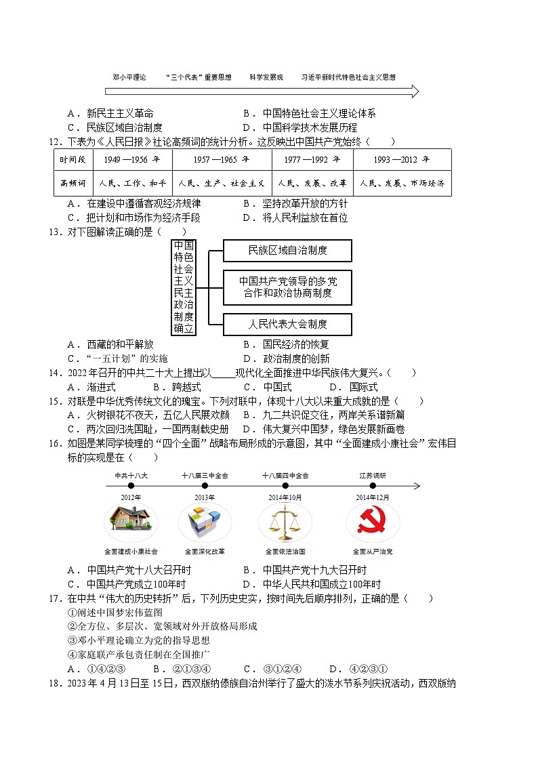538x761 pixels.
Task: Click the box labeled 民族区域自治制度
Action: coord(287,250)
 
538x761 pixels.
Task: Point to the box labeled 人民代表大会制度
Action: coord(287,324)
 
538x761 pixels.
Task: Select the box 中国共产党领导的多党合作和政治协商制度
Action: coord(287,287)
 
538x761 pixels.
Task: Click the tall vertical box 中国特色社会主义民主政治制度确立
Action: coord(184,287)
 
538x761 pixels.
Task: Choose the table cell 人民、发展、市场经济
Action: coord(402,183)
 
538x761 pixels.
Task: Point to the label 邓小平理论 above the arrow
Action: coord(129,78)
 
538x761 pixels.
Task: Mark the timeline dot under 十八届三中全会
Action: coord(205,486)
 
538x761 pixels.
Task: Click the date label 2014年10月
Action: coord(285,497)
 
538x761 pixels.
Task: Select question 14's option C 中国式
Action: coord(267,387)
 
